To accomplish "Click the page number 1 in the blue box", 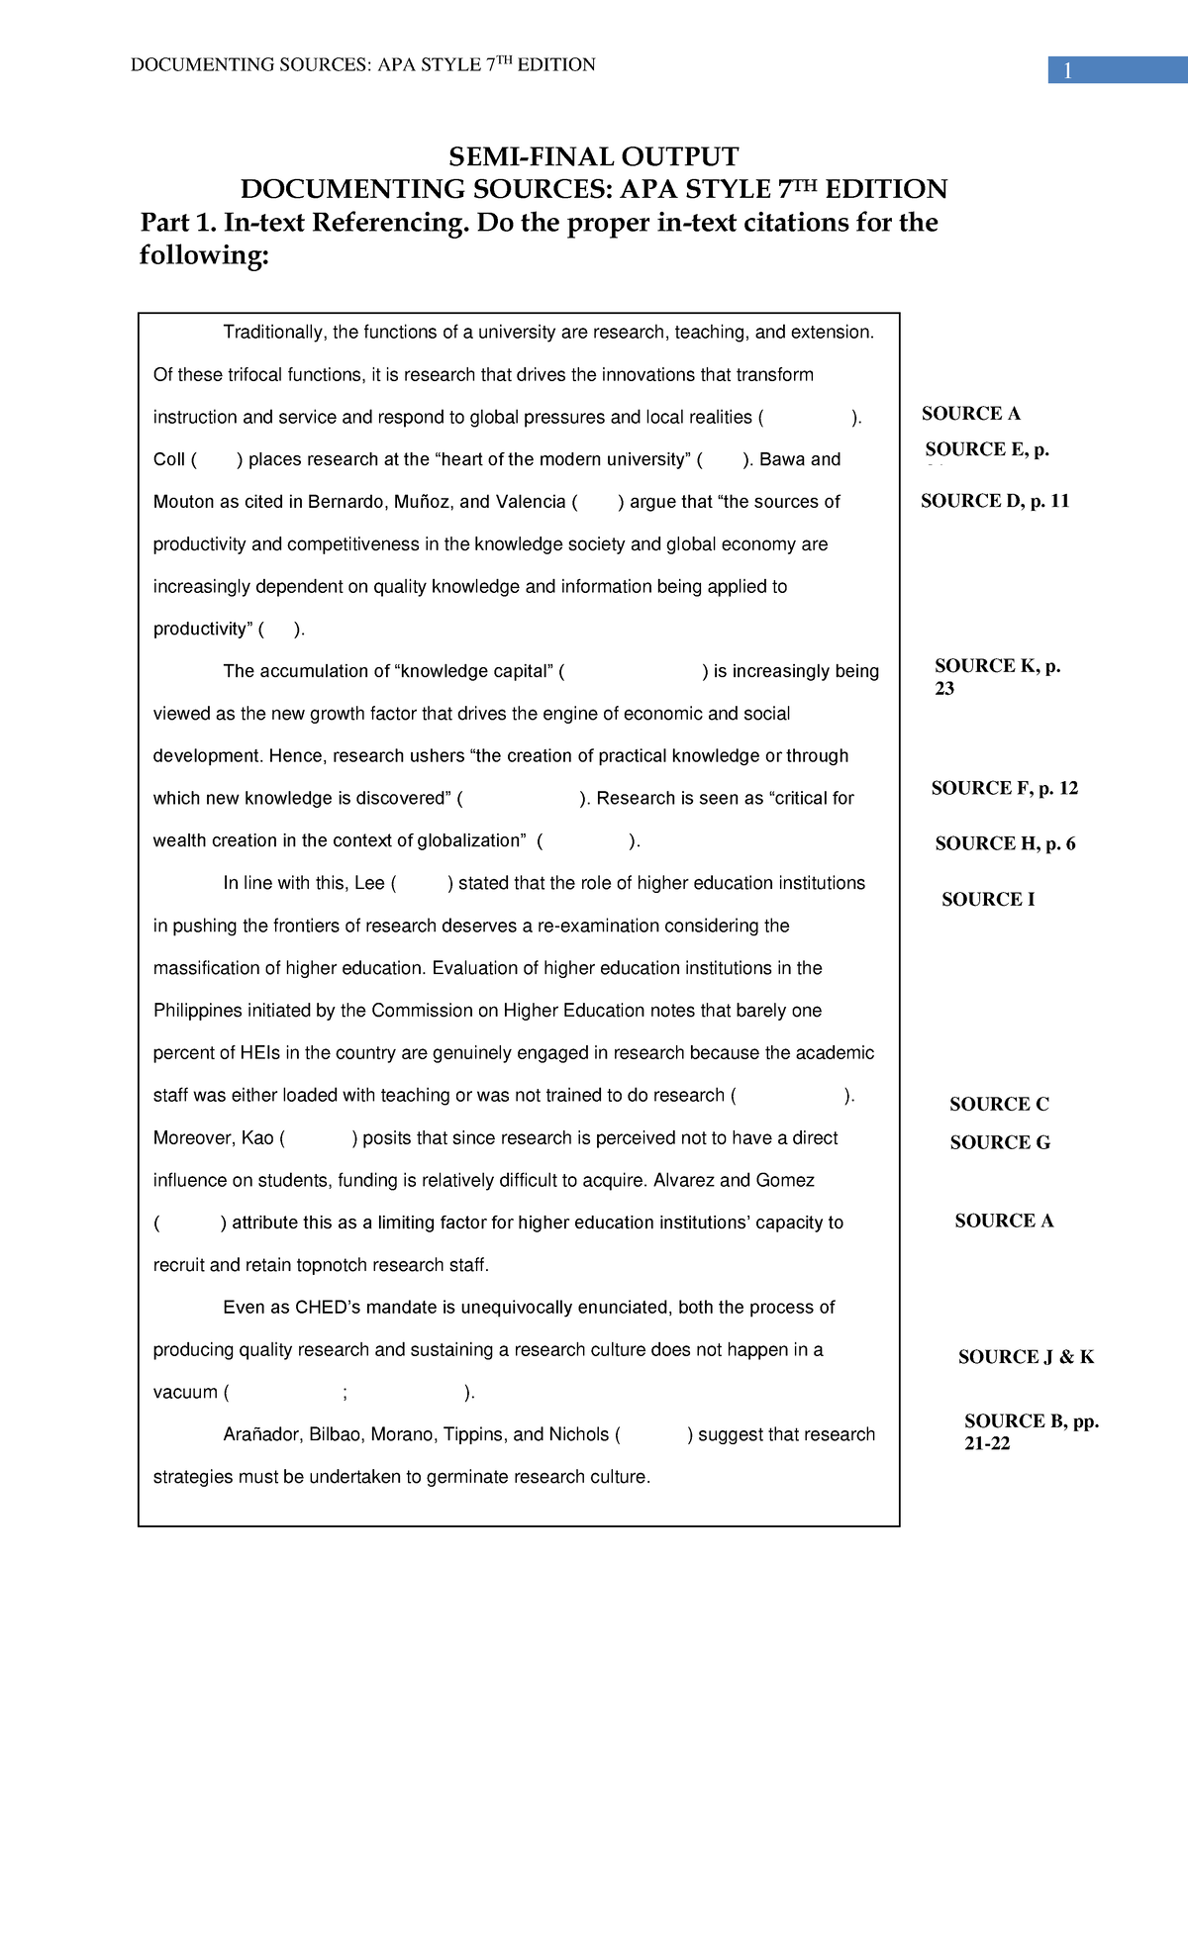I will pos(1068,71).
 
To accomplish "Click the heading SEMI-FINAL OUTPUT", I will pos(593,156).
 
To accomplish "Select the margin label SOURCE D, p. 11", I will pos(994,501).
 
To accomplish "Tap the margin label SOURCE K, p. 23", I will pos(997,677).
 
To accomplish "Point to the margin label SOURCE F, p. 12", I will pos(1004,788).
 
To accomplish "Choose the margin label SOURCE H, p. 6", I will pos(1004,843).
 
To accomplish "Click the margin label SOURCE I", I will pos(987,899).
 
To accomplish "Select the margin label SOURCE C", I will pos(998,1104).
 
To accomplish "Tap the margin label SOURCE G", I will pos(999,1142).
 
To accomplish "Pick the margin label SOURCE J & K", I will pos(1025,1357).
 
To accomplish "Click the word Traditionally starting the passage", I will pos(274,333).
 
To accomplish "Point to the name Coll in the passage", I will pos(169,459).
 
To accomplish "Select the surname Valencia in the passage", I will pos(530,502).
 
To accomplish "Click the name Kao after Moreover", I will pos(256,1138).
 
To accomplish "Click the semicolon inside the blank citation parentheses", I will pos(345,1394).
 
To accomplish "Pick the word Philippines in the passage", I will pos(197,1011).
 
